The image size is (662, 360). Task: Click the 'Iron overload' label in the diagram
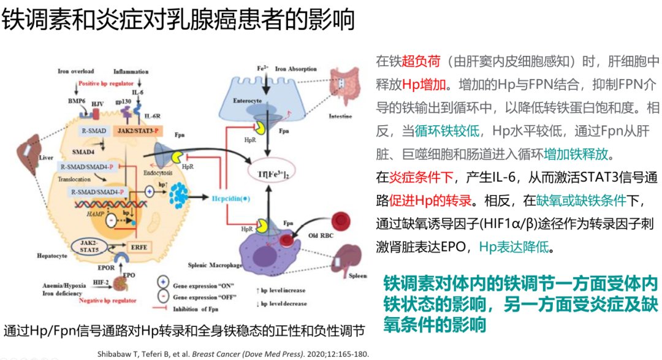76,71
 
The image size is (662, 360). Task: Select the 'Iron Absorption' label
295,69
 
